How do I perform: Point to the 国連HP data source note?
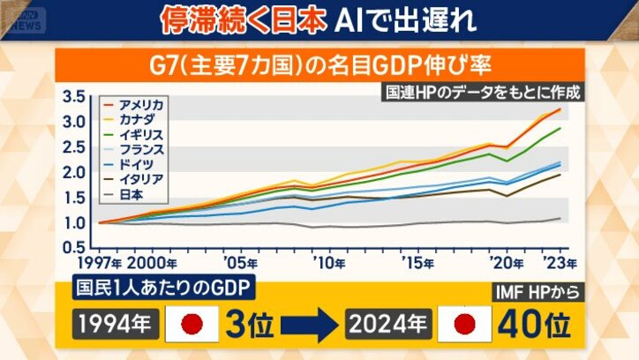(x=483, y=92)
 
